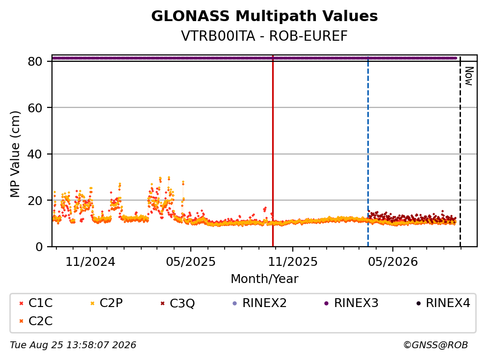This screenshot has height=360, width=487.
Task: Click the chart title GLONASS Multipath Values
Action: point(264,16)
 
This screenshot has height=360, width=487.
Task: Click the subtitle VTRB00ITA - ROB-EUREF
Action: point(264,36)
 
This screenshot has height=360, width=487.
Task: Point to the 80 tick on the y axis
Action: point(35,61)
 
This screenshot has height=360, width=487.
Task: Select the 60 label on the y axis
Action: point(35,108)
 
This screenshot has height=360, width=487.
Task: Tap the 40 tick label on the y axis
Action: point(35,154)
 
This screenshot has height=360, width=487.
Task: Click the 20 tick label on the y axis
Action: point(35,200)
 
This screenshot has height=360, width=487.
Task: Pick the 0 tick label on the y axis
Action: point(39,247)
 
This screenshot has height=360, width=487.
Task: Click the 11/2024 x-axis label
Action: point(90,262)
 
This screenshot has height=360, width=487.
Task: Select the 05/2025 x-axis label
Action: point(191,262)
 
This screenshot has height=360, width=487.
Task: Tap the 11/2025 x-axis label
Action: point(293,262)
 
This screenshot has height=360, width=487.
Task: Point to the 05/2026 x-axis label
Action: point(393,262)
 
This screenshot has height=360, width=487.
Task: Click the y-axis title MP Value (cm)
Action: point(15,154)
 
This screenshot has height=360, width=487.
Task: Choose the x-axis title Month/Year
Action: point(264,279)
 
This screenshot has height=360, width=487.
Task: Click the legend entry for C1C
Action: point(36,303)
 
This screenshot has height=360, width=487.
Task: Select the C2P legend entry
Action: point(106,303)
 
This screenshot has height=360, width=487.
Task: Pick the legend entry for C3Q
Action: point(178,303)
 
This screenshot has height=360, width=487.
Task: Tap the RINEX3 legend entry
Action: point(351,303)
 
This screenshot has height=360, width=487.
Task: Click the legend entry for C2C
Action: point(36,321)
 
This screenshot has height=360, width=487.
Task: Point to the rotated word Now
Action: point(469,76)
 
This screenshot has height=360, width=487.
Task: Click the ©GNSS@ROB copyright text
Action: point(436,345)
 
